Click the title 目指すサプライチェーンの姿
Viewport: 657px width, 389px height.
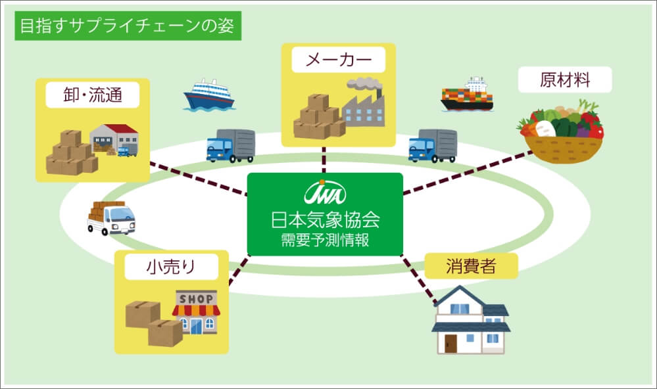pyautogui.click(x=128, y=26)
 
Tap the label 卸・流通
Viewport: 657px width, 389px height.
pyautogui.click(x=93, y=97)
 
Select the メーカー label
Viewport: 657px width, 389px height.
pyautogui.click(x=338, y=61)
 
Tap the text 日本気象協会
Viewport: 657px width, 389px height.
pyautogui.click(x=326, y=217)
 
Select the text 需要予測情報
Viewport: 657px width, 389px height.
pyautogui.click(x=325, y=239)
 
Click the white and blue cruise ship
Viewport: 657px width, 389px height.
pyautogui.click(x=209, y=95)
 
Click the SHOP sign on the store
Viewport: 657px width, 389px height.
pyautogui.click(x=195, y=299)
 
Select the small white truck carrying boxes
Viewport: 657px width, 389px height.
pyautogui.click(x=110, y=217)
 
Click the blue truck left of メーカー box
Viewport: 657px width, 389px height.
pyautogui.click(x=230, y=145)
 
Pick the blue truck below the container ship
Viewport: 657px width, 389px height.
pyautogui.click(x=432, y=145)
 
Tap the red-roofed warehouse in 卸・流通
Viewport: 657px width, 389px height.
pyautogui.click(x=114, y=137)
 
